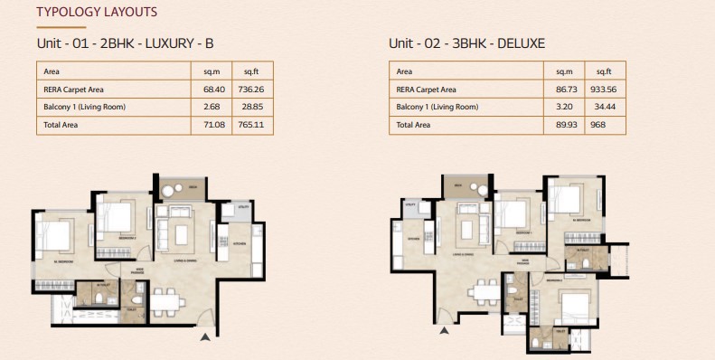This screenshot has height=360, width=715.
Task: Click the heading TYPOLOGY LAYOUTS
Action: (x=96, y=13)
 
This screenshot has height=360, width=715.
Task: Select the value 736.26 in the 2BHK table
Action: (x=249, y=89)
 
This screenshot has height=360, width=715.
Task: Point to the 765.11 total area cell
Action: (x=249, y=125)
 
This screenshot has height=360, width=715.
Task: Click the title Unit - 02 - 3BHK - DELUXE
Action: (x=467, y=43)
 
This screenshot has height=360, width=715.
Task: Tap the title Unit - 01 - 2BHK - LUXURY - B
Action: (x=125, y=43)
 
